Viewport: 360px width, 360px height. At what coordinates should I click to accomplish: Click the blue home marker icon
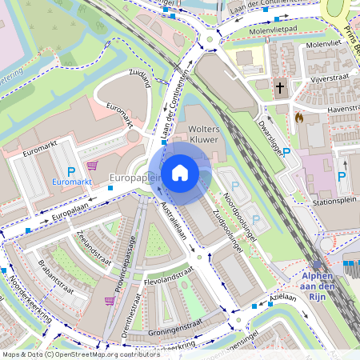coord(180,173)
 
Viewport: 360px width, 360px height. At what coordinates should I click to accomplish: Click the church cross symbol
coord(280,88)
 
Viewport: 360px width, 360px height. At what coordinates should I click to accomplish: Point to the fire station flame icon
coord(300,117)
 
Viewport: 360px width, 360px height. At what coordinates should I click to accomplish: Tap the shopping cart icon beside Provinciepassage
coord(110,301)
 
